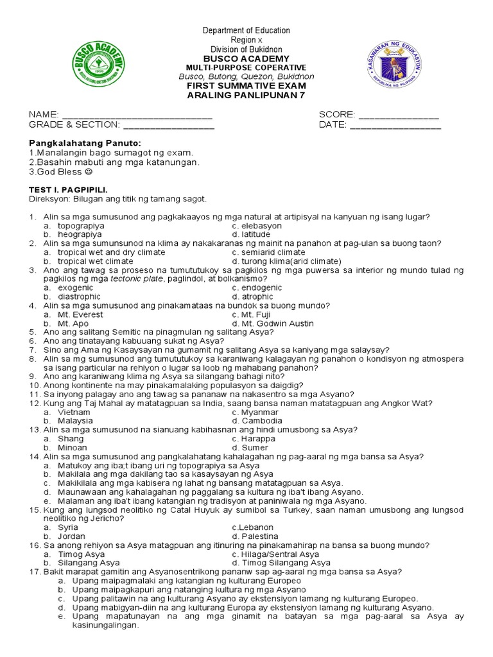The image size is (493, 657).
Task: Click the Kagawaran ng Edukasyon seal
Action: [x=395, y=67]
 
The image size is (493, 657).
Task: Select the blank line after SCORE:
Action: [x=398, y=115]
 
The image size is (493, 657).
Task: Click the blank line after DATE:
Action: [x=395, y=126]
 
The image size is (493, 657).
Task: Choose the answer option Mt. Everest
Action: [x=78, y=315]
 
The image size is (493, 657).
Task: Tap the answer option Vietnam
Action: [x=74, y=412]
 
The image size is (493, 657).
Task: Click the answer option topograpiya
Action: [x=80, y=226]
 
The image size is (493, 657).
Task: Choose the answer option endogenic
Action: [x=259, y=288]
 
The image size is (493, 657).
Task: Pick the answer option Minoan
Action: [x=73, y=447]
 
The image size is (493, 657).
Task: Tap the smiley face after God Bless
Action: [x=88, y=172]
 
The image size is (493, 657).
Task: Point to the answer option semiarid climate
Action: [x=268, y=253]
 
